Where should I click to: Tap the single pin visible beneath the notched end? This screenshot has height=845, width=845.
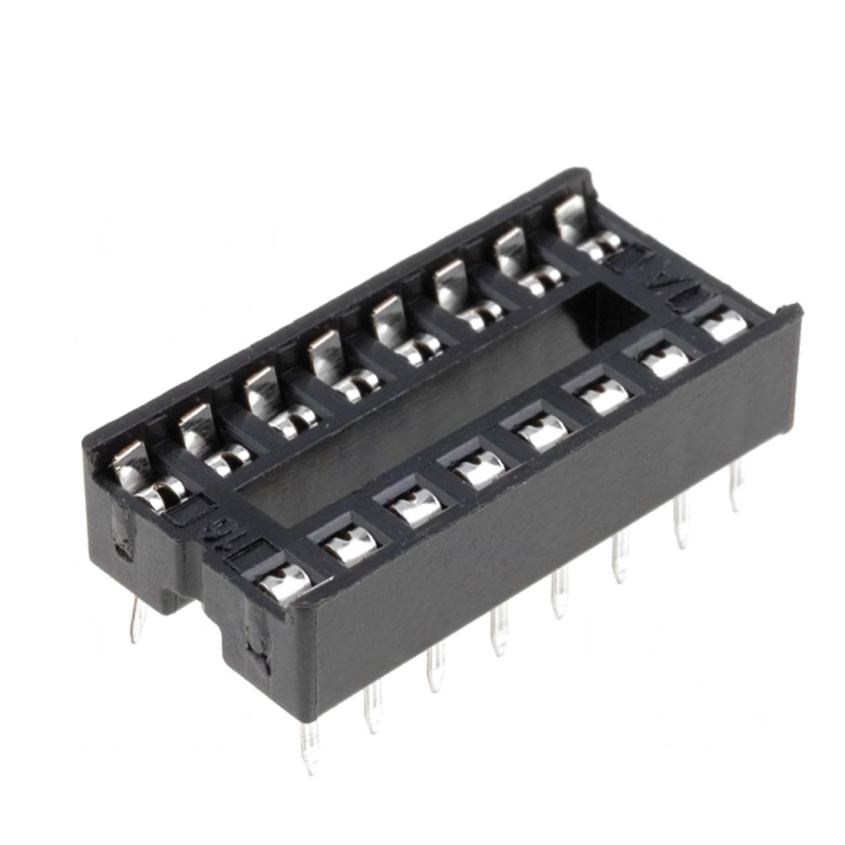(137, 619)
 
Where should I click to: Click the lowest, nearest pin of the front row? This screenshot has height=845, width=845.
(309, 746)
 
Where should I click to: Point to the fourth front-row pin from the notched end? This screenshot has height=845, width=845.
(498, 632)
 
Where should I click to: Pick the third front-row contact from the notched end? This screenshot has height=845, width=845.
(416, 506)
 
